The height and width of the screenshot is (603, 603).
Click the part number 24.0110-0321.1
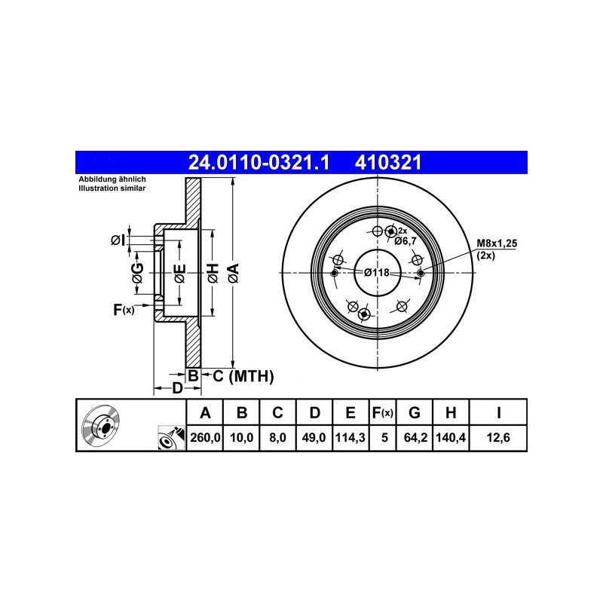(x=259, y=162)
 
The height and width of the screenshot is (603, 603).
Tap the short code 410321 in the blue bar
(x=388, y=162)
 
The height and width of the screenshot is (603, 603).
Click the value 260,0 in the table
(x=205, y=437)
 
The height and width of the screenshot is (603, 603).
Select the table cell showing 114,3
(x=350, y=437)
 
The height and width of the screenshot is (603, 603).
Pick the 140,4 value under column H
(x=451, y=437)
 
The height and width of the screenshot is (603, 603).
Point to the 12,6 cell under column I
(x=498, y=437)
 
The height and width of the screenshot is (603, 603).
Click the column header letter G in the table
(x=414, y=412)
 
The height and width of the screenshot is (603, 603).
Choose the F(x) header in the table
(x=382, y=413)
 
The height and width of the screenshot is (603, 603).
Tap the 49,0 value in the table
(x=314, y=437)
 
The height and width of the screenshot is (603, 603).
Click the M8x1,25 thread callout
(x=497, y=243)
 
